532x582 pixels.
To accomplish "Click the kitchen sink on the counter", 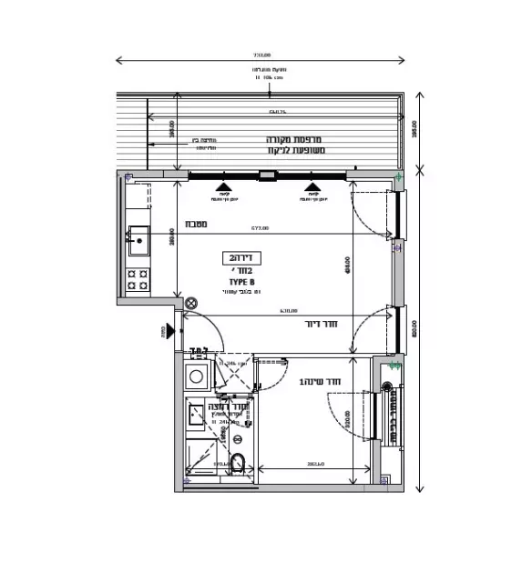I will (138, 241).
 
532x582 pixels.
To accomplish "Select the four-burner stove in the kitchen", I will (138, 279).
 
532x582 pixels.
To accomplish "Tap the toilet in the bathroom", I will (238, 462).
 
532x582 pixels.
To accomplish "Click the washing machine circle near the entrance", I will (196, 376).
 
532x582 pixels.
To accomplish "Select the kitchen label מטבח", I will (197, 224).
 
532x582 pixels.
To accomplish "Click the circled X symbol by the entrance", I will (190, 304).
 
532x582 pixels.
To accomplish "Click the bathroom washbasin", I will (199, 415).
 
